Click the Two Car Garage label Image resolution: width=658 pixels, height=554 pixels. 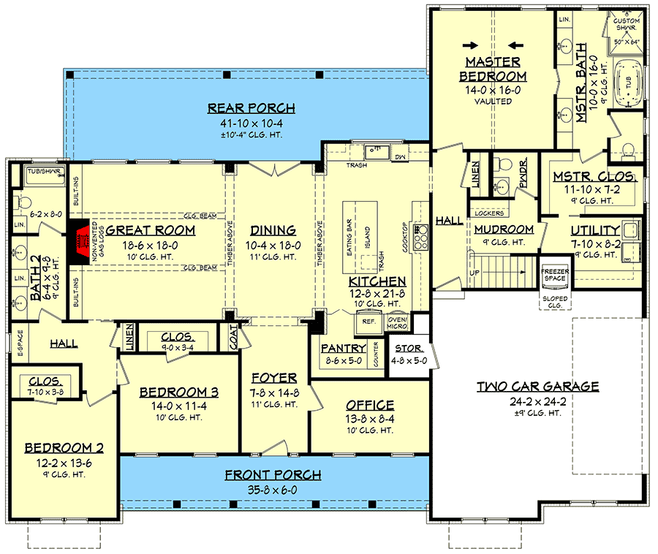[x=537, y=387]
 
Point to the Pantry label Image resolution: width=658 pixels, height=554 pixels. [x=343, y=348]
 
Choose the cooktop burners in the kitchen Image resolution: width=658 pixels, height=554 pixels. [x=422, y=238]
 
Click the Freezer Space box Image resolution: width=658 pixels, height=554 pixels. [x=553, y=275]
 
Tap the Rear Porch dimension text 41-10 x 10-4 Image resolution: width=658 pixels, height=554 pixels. [x=251, y=122]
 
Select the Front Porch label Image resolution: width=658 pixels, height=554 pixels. [x=273, y=475]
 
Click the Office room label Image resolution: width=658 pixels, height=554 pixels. [x=370, y=405]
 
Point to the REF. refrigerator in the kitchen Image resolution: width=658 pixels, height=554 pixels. [x=367, y=320]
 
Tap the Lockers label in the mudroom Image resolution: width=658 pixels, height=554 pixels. [x=489, y=213]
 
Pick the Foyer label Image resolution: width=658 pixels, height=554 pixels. [x=273, y=378]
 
